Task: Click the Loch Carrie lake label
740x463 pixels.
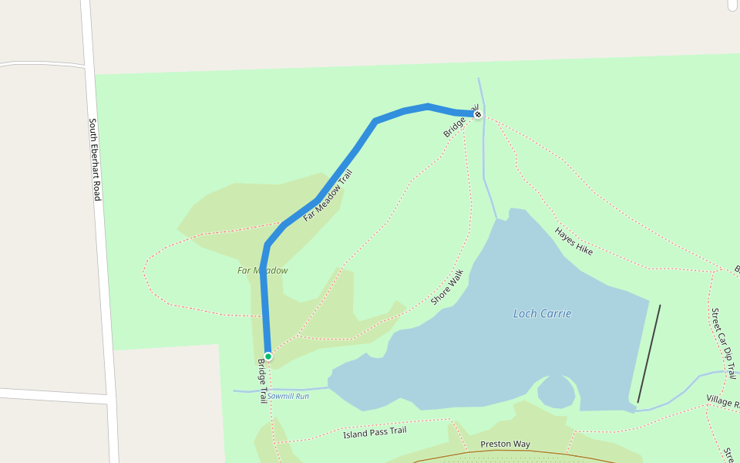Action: [x=542, y=313]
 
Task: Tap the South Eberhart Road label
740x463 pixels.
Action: [x=94, y=160]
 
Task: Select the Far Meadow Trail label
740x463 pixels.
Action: [x=328, y=196]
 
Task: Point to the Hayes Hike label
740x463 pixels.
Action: [x=573, y=241]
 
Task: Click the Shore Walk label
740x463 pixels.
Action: [x=446, y=287]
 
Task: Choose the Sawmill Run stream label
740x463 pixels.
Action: [x=288, y=396]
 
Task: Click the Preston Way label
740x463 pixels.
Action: [x=505, y=444]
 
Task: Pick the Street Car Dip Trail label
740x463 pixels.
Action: [x=723, y=344]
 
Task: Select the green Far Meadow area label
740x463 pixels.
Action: [x=262, y=271]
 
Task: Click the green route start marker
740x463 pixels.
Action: [x=268, y=357]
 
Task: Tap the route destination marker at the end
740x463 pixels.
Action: [x=478, y=115]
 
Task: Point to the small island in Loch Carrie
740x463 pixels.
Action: [x=556, y=390]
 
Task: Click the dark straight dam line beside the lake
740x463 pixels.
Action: [x=649, y=353]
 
